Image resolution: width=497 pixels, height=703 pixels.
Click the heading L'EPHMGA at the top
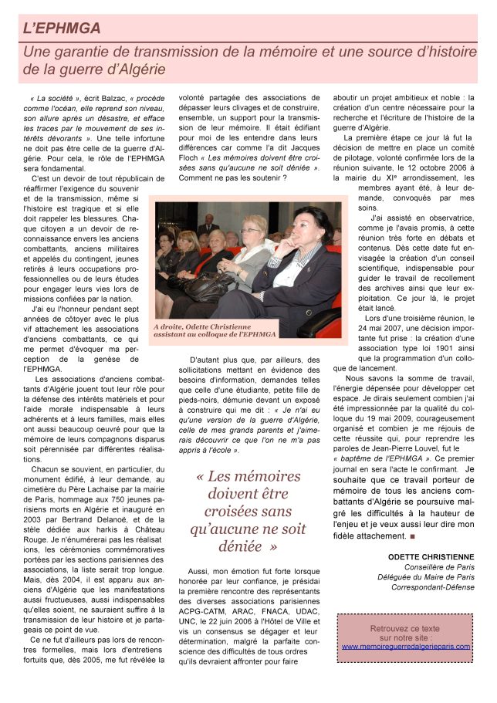tap(62, 29)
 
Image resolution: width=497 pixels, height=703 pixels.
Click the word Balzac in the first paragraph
tap(112, 99)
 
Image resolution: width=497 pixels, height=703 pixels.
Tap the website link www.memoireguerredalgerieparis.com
tap(405, 646)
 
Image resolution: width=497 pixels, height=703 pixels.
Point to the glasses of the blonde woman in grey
tap(251, 230)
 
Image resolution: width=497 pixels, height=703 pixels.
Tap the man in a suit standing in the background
tap(207, 225)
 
